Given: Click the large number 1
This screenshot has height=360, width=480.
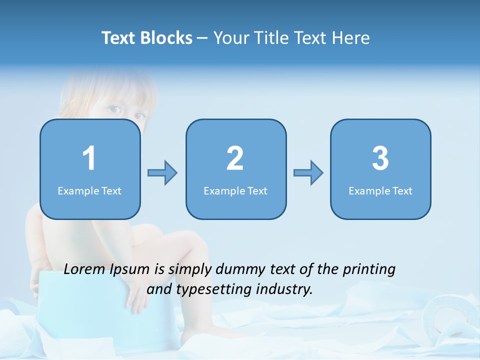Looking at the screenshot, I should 89,158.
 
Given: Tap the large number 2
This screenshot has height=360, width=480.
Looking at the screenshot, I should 235,158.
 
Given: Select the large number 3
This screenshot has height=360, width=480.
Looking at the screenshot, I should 380,158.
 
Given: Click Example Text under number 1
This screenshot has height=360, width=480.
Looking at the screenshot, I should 89,190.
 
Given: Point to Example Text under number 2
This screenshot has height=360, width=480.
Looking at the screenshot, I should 235,190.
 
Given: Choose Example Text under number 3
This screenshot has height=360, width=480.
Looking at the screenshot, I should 380,190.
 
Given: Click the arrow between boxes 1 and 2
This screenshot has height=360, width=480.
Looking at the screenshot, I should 162,173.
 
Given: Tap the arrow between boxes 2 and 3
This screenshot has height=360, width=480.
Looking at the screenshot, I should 308,173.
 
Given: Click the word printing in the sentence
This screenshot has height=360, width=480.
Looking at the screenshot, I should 369,270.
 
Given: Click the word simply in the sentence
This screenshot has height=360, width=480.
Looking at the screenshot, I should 190,270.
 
